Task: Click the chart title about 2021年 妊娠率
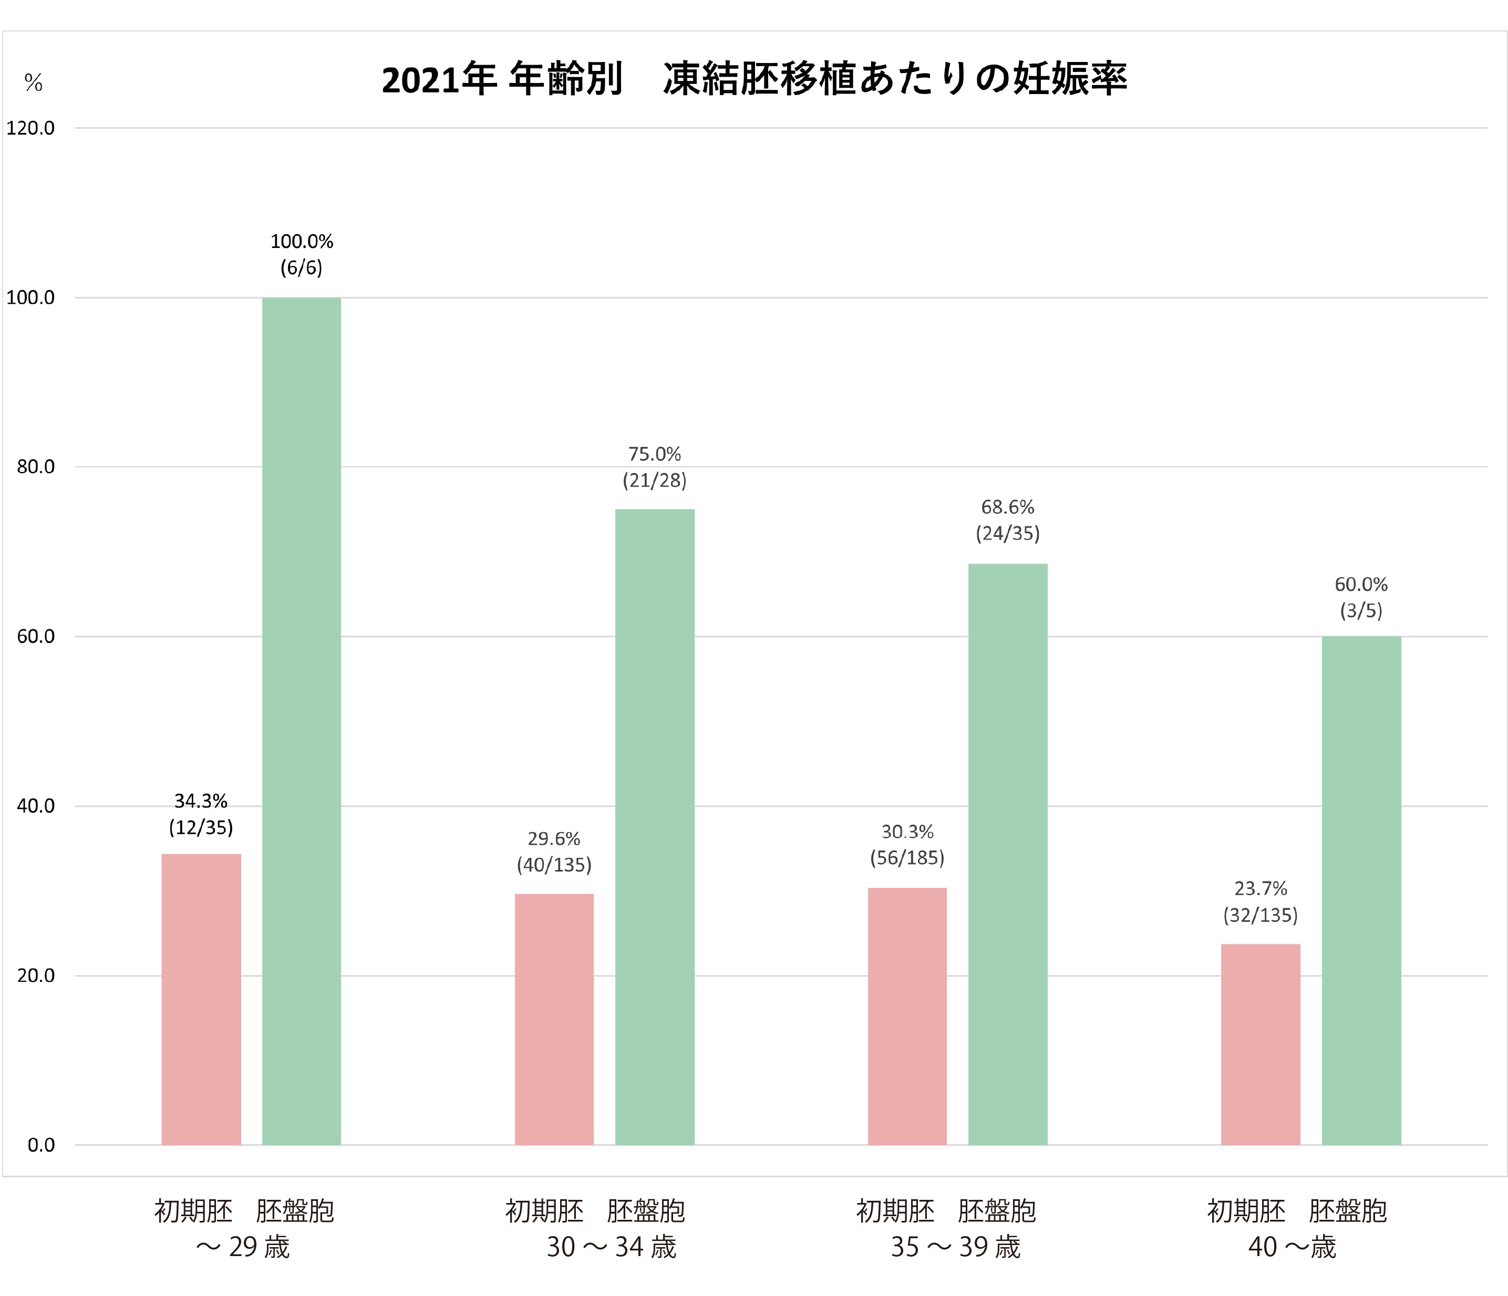click(754, 79)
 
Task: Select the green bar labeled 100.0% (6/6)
click(301, 720)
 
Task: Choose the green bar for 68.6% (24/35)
click(1007, 854)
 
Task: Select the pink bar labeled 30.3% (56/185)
click(907, 1016)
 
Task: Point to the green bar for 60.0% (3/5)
click(1361, 890)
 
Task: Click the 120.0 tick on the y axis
click(30, 129)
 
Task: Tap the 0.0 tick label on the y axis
click(41, 1145)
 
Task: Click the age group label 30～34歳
click(612, 1247)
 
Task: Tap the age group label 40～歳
click(1292, 1247)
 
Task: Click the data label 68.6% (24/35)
click(1007, 520)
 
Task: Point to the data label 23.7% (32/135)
click(1261, 901)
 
